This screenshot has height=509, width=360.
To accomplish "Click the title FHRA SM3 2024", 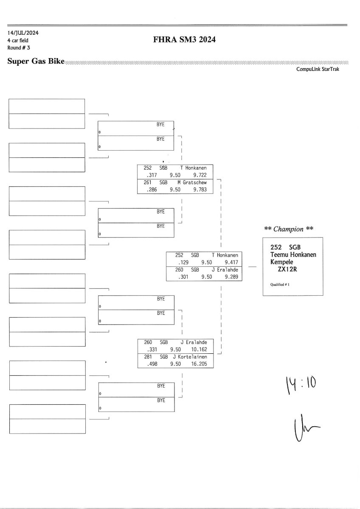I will [x=186, y=40].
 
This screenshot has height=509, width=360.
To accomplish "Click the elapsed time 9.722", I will [x=200, y=175].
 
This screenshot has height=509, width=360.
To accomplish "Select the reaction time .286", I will [x=151, y=190].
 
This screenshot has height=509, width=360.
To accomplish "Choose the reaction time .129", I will [x=182, y=263].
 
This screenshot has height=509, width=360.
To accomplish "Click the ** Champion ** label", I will [x=289, y=229].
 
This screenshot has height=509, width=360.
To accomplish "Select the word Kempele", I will [x=282, y=262].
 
